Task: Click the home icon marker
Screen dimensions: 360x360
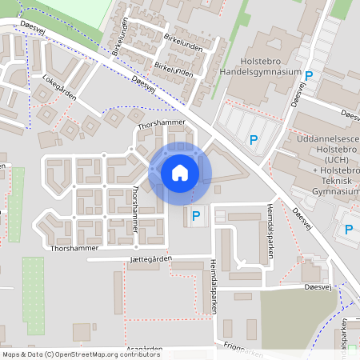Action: (180, 172)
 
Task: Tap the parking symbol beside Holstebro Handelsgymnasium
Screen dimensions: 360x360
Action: (309, 76)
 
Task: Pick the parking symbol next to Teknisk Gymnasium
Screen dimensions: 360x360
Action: (349, 230)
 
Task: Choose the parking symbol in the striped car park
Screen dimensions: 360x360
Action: (254, 141)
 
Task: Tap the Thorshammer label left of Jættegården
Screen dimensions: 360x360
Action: (72, 249)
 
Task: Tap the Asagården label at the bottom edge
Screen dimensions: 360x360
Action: (145, 350)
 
